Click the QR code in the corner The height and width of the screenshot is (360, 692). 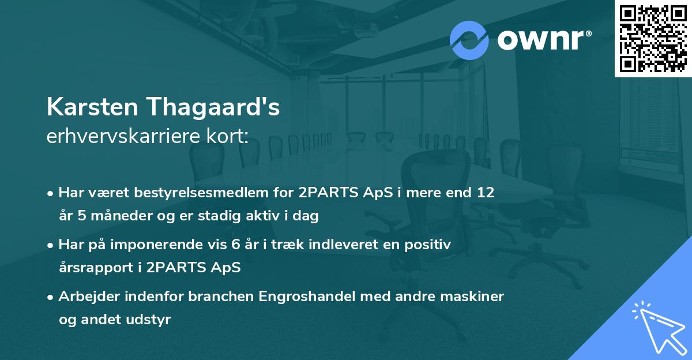click(x=653, y=38)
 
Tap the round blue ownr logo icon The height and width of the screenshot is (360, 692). click(x=469, y=40)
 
